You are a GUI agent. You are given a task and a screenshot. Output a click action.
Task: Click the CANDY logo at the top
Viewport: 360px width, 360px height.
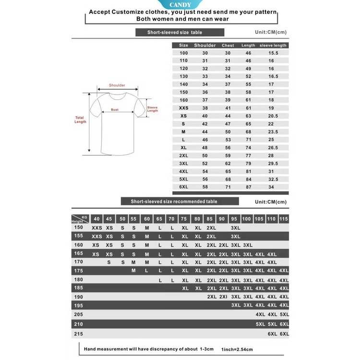(x=180, y=4)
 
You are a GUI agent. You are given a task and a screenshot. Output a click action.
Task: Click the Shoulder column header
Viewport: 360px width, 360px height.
(x=204, y=46)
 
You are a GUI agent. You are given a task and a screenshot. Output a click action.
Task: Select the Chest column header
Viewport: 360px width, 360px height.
(x=228, y=46)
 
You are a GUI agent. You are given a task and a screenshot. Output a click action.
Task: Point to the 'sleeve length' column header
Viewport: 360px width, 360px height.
(x=273, y=46)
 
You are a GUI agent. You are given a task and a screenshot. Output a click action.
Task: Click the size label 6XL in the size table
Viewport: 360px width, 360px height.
(x=183, y=187)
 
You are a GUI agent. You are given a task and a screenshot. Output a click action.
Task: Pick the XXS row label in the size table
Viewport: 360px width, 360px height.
(x=183, y=108)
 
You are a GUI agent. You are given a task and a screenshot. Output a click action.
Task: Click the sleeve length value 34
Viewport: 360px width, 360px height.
(x=271, y=187)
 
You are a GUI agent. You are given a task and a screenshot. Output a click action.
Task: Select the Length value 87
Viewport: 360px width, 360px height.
(x=248, y=187)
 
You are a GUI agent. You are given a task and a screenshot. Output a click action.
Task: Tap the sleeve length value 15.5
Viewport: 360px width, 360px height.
(x=273, y=53)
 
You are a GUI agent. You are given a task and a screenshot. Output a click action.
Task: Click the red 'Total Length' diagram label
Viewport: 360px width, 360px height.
(x=80, y=120)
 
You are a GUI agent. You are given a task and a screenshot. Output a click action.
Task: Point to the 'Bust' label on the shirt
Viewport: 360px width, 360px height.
(x=115, y=109)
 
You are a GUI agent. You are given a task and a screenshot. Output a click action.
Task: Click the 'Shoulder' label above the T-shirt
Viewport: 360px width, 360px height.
(x=117, y=85)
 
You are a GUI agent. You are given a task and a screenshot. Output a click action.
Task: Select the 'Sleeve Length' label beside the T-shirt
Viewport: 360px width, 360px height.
(x=152, y=109)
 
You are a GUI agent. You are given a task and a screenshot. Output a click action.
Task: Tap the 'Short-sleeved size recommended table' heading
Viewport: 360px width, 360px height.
(x=174, y=202)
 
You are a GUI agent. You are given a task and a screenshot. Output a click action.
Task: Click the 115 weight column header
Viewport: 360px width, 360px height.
(x=284, y=219)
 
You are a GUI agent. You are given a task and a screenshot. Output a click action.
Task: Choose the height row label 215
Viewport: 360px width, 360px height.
(x=79, y=333)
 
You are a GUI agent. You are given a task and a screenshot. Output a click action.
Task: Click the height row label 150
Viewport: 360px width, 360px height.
(x=79, y=228)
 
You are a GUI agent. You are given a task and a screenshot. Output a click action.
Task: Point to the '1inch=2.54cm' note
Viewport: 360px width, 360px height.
(x=237, y=349)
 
